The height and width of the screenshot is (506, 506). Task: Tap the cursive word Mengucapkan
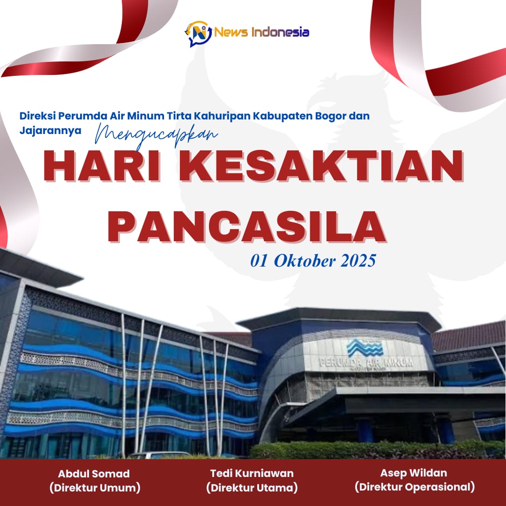(156, 136)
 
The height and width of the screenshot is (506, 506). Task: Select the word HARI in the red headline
(102, 166)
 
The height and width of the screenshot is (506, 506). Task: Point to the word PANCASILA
(247, 227)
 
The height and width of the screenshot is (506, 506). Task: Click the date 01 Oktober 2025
(313, 261)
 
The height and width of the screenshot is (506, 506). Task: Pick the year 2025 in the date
(358, 261)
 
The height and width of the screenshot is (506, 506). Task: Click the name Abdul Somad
(94, 474)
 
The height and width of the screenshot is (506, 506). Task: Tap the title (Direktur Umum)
(95, 488)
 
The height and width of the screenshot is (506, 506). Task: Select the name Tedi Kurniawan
(252, 473)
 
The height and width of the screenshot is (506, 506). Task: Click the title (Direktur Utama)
(252, 487)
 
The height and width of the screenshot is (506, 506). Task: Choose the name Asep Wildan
(414, 473)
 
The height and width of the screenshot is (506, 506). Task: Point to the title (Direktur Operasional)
(415, 487)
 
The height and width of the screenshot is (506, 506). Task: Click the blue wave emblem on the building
(365, 348)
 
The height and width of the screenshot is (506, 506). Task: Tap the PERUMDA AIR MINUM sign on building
(366, 363)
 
